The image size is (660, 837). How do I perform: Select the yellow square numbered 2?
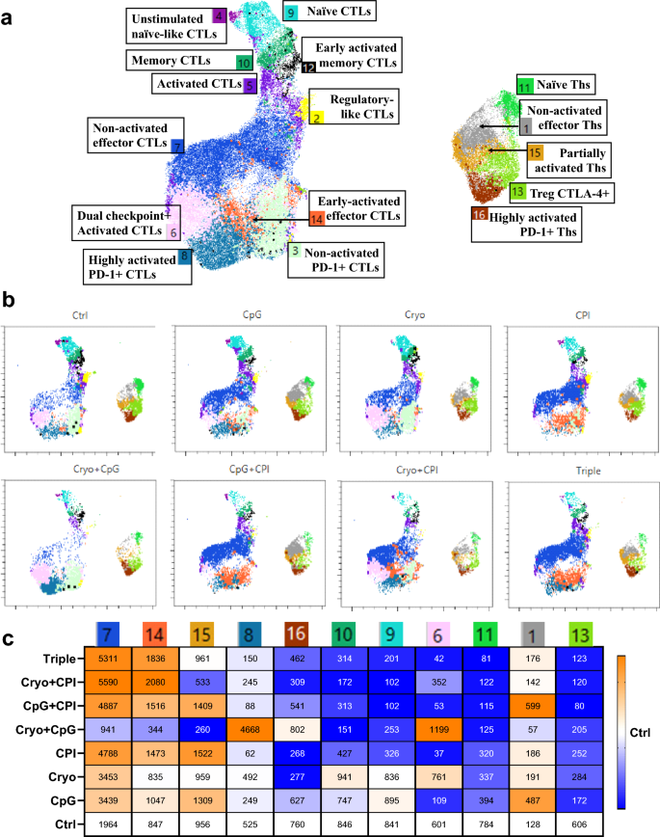click(x=316, y=118)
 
